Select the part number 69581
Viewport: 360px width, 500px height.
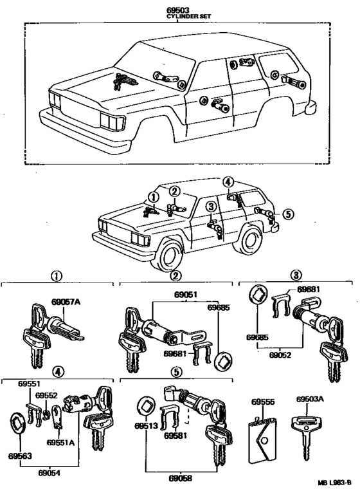click(175, 436)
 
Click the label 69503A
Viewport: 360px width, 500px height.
click(310, 399)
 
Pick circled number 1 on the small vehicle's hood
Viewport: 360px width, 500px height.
click(153, 197)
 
